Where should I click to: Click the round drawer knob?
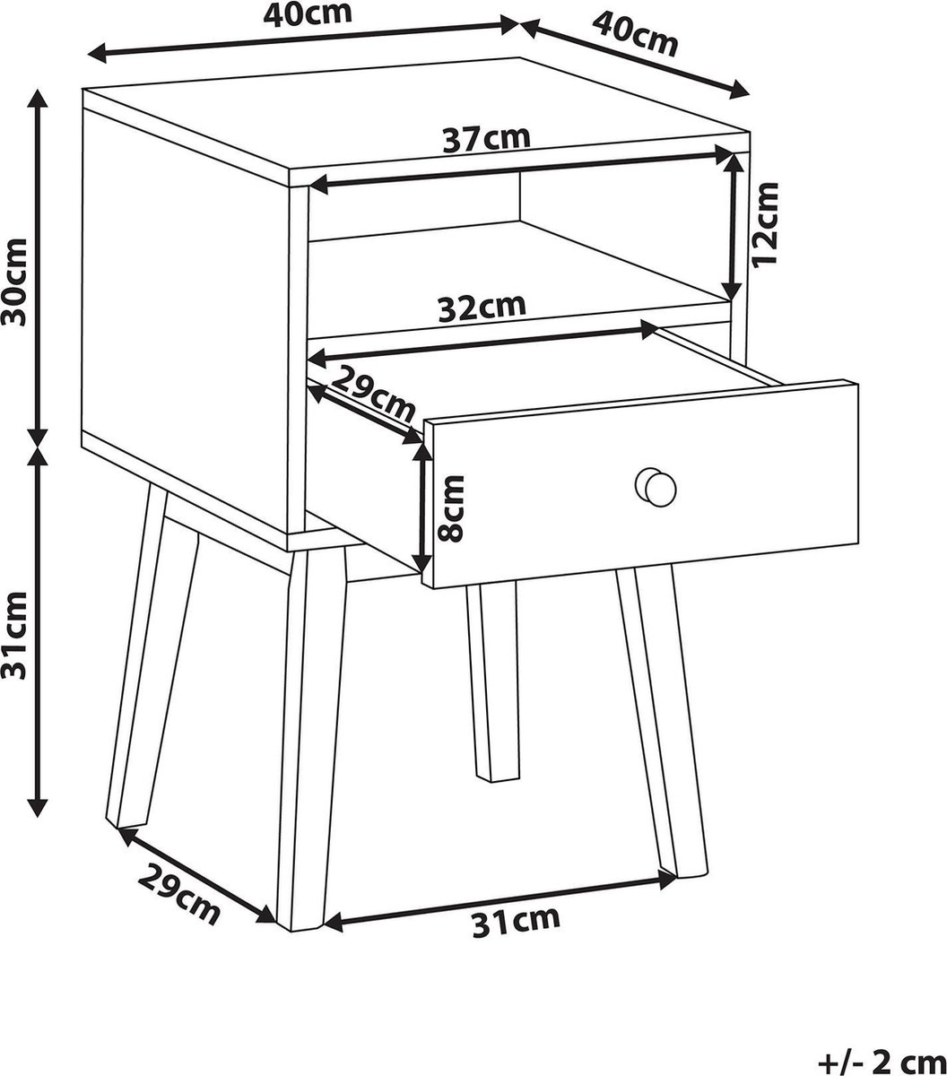coord(656,487)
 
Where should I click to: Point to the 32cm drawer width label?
coord(482,307)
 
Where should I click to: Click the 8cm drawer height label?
coord(451,508)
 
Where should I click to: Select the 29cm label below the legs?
coord(178,895)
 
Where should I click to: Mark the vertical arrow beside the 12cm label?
coord(734,226)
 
